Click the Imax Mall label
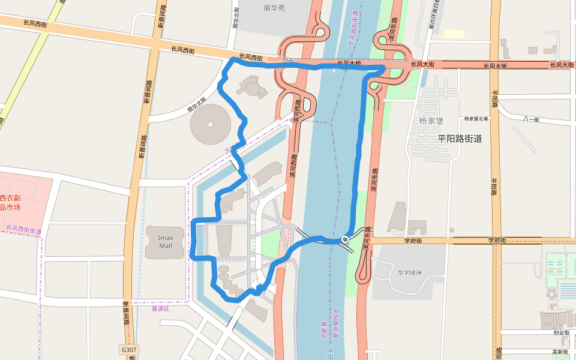pyautogui.click(x=165, y=241)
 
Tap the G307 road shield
pyautogui.click(x=128, y=349)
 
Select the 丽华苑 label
pyautogui.click(x=274, y=8)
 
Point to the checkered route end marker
pyautogui.click(x=345, y=239)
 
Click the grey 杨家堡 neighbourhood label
pyautogui.click(x=431, y=121)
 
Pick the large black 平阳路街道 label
pyautogui.click(x=460, y=139)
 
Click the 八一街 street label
pyautogui.click(x=531, y=119)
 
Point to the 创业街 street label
pyautogui.click(x=561, y=332)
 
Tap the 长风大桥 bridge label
pyautogui.click(x=349, y=62)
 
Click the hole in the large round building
pyautogui.click(x=211, y=125)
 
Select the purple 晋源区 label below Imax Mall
pyautogui.click(x=161, y=309)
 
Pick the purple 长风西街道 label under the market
pyautogui.click(x=24, y=229)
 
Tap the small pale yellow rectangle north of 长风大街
pyautogui.click(x=454, y=34)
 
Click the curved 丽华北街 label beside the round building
pyautogui.click(x=197, y=104)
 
